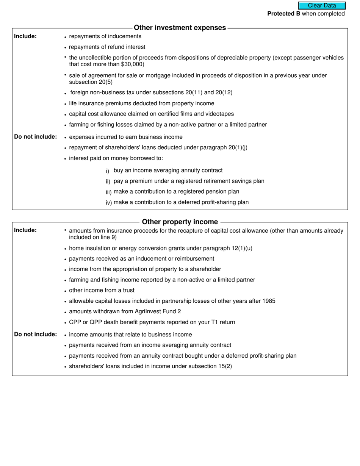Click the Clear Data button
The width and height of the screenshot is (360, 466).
click(322, 6)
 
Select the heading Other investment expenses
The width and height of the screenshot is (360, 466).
click(180, 28)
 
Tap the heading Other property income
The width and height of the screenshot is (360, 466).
click(180, 222)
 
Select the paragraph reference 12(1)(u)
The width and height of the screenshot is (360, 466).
click(242, 248)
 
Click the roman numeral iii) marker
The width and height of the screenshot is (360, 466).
click(109, 192)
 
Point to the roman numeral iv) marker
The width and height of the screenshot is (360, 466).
click(109, 203)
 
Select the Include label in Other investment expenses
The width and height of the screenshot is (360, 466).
click(25, 36)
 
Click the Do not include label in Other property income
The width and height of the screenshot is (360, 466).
click(36, 334)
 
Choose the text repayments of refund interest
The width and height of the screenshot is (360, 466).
click(107, 47)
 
